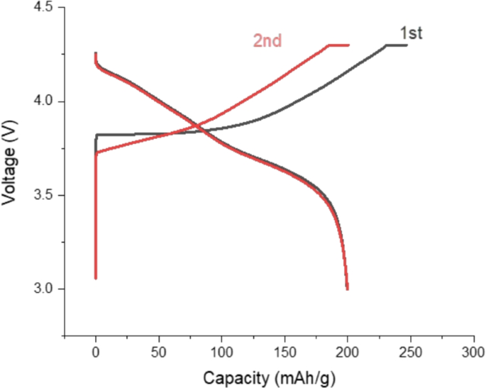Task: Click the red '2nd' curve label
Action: [x=267, y=41]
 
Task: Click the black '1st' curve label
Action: [x=411, y=33]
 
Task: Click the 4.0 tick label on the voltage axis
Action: [x=44, y=101]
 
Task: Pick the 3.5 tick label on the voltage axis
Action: [x=44, y=195]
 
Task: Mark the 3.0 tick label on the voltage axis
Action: [x=44, y=289]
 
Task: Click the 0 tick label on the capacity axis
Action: [x=96, y=353]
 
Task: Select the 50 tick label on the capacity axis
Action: [x=159, y=353]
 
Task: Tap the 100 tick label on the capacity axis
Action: [x=221, y=353]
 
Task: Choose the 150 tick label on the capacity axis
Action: [x=285, y=353]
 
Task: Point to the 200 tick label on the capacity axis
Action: [x=348, y=353]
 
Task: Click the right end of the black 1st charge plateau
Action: [x=407, y=45]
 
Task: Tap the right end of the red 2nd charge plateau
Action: [x=349, y=45]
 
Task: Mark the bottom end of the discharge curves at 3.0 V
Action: [x=347, y=289]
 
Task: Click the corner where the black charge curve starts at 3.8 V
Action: [x=96, y=135]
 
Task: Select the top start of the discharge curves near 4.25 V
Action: [x=96, y=53]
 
